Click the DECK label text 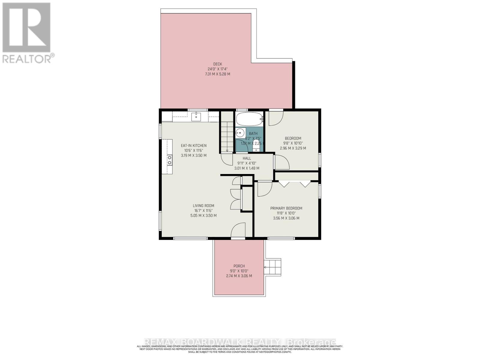(217, 64)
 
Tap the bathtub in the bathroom (249, 119)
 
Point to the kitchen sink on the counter (196, 116)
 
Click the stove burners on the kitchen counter (169, 160)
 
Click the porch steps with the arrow (273, 267)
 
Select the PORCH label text (239, 266)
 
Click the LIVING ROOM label (203, 206)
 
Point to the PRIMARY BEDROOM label (286, 208)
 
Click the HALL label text (247, 158)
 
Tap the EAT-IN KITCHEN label (193, 145)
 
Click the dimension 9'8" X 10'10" (293, 143)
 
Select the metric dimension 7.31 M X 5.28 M (217, 74)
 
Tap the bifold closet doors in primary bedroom (294, 183)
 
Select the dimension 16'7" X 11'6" (203, 211)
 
